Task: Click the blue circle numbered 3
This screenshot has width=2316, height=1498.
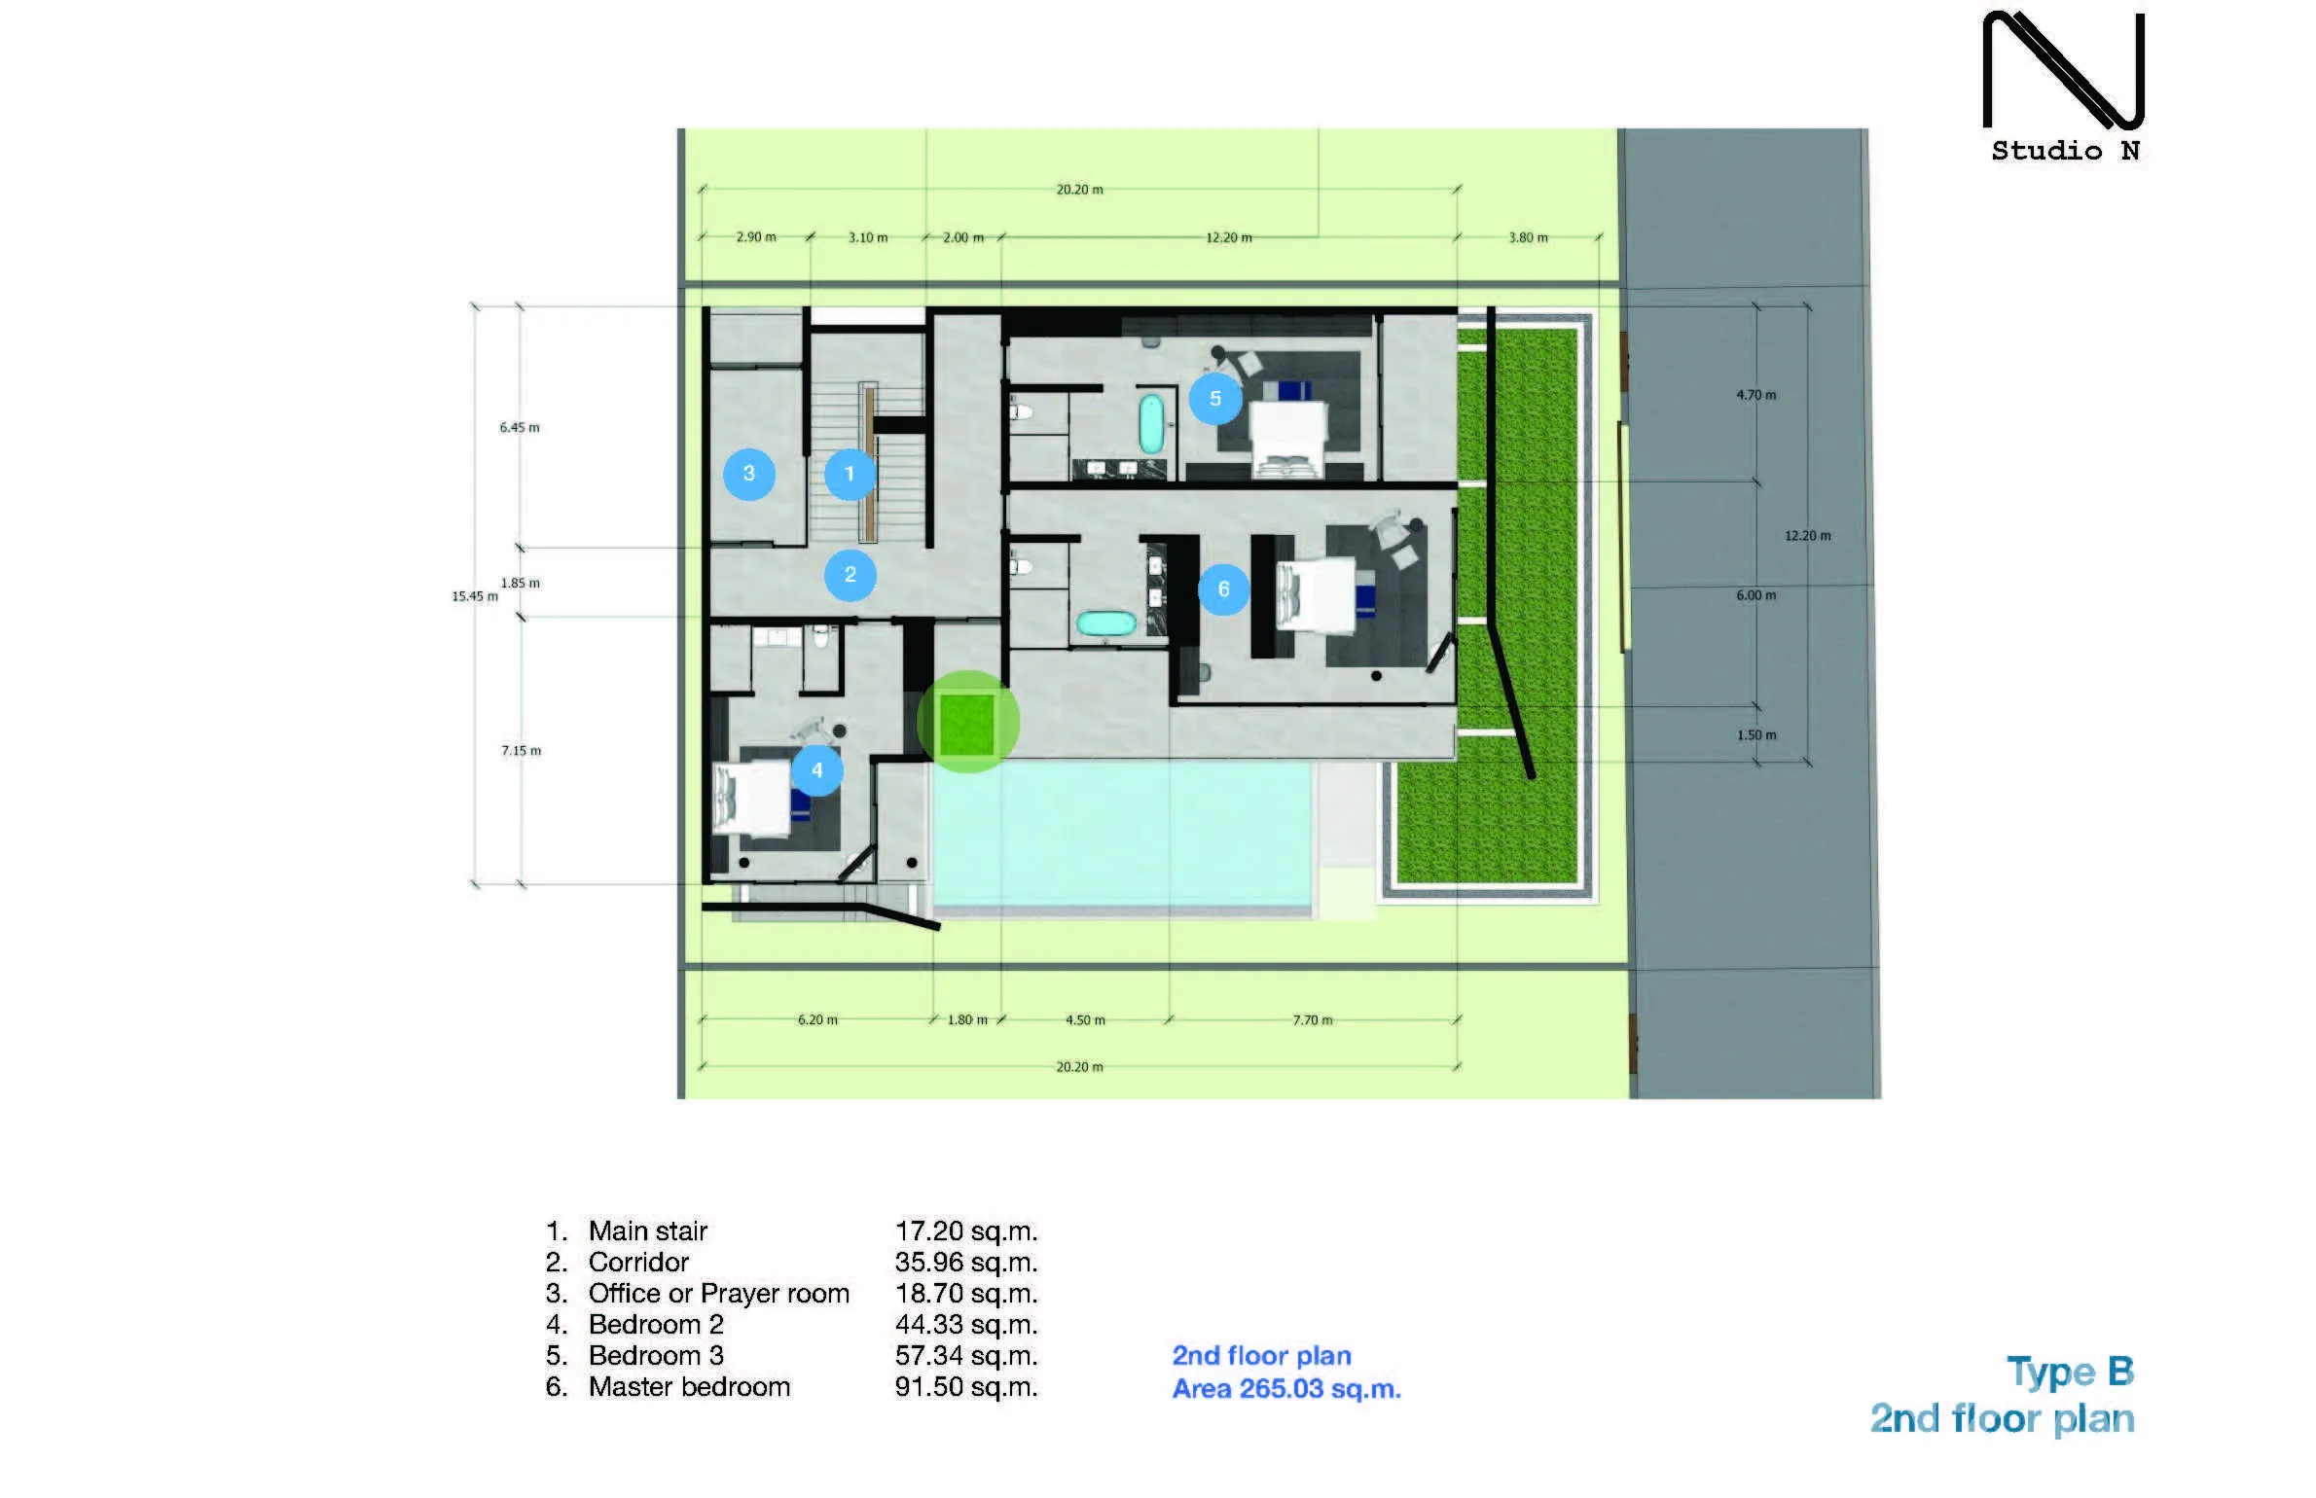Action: coord(749,474)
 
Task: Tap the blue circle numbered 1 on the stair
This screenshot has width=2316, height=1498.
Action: coord(850,474)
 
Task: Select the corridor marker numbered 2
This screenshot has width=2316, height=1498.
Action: coord(850,575)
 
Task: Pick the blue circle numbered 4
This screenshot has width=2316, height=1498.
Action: coord(817,770)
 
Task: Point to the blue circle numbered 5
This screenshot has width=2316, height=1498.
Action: coord(1215,399)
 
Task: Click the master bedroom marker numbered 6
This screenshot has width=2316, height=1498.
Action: coord(1224,589)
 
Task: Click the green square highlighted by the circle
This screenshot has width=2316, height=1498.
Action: coord(967,724)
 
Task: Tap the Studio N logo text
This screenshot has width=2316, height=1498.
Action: coord(2065,151)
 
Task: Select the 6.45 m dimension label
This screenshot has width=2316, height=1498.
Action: coord(520,427)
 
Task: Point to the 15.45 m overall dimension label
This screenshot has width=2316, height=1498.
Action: coord(475,596)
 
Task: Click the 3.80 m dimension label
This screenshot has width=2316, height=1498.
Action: coord(1528,237)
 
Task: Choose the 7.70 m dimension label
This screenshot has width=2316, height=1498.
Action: coord(1313,1019)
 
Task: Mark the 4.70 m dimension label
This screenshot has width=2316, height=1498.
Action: coord(1756,395)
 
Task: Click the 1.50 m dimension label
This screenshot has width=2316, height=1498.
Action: coord(1756,735)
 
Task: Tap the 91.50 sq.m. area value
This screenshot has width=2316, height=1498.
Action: coord(966,1386)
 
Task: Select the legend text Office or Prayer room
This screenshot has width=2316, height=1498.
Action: coord(719,1294)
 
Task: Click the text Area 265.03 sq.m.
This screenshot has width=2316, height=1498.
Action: coord(1286,1389)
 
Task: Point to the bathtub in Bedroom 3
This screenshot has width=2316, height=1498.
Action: coord(1151,423)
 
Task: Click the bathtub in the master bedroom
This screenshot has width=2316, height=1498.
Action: coord(1105,624)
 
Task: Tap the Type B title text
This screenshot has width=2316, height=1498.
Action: coord(2071,1373)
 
